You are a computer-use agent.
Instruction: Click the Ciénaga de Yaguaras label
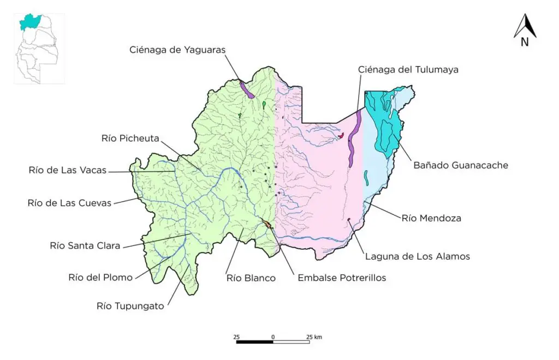[177, 50]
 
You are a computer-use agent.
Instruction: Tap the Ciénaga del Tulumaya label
[408, 69]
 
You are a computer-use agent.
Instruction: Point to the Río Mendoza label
[431, 218]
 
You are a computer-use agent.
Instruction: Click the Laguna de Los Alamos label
[418, 256]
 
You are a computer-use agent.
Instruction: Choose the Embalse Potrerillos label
[342, 278]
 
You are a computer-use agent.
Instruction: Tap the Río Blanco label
[251, 278]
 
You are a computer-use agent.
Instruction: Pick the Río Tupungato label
[130, 306]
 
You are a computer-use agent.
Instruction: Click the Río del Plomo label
[100, 277]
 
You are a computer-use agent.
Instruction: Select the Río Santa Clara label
[85, 245]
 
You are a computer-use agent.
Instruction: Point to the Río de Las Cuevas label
[69, 203]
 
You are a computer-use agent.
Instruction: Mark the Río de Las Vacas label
[68, 170]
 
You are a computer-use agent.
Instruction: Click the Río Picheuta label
[130, 138]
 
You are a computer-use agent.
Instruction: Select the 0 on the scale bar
[272, 337]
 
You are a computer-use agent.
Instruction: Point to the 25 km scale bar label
[314, 337]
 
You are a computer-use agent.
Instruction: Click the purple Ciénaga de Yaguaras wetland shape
[246, 89]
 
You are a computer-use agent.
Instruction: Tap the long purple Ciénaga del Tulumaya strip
[354, 139]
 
